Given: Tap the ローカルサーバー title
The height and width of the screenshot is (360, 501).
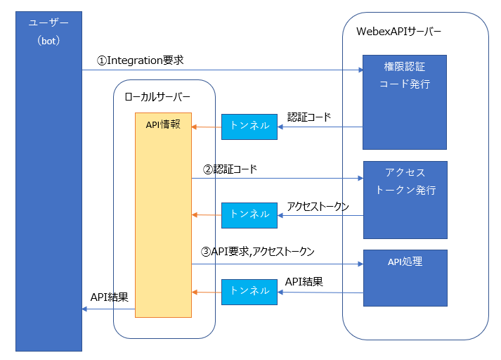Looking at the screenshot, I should pyautogui.click(x=157, y=97).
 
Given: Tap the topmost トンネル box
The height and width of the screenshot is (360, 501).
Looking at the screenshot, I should pyautogui.click(x=249, y=126).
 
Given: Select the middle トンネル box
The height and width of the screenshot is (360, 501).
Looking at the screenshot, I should pyautogui.click(x=249, y=214).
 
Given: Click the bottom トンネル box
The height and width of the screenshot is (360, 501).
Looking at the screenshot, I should pyautogui.click(x=249, y=290).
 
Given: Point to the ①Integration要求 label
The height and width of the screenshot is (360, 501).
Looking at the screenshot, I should pyautogui.click(x=140, y=60).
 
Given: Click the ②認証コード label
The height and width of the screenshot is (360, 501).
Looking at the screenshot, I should pyautogui.click(x=230, y=169).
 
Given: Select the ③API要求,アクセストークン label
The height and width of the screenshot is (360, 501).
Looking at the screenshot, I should pyautogui.click(x=258, y=250).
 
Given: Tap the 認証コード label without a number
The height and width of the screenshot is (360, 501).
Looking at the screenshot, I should pyautogui.click(x=308, y=117).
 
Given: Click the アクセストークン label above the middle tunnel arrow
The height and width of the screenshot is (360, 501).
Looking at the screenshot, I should pyautogui.click(x=318, y=206).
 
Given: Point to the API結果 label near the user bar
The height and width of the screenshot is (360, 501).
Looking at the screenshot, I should pyautogui.click(x=110, y=297).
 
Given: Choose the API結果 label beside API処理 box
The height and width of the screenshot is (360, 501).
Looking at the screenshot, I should pyautogui.click(x=304, y=282).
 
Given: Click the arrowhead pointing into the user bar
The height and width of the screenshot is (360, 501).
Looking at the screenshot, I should pyautogui.click(x=85, y=309).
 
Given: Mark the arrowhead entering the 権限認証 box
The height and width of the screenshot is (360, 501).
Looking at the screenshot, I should pyautogui.click(x=360, y=70).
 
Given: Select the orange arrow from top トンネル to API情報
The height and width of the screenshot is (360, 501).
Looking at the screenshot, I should pyautogui.click(x=207, y=127).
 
